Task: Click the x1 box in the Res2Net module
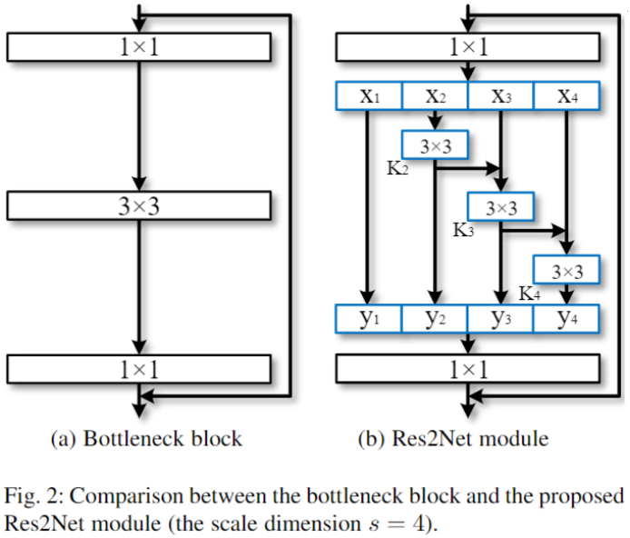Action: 369,95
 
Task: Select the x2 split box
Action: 434,95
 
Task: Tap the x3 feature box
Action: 500,95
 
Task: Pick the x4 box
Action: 566,95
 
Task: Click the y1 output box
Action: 369,318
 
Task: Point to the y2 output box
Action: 434,318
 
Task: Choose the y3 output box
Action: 500,318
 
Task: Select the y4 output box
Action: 566,318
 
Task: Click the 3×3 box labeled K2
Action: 434,144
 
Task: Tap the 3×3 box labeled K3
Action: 500,207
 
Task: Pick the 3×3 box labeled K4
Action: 566,270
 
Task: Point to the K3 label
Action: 463,231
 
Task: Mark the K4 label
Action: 529,294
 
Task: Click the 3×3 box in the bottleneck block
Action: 138,206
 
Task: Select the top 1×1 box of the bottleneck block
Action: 138,46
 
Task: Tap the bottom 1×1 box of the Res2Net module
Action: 468,368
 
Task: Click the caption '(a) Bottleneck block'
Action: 145,439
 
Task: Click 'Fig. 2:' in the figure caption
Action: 32,497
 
